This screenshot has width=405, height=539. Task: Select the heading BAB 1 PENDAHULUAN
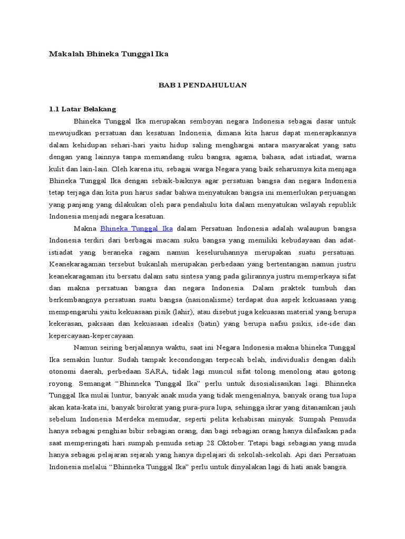click(x=202, y=85)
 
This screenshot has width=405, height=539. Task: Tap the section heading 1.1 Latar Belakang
click(x=82, y=109)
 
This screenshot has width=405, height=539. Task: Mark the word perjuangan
click(x=335, y=193)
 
